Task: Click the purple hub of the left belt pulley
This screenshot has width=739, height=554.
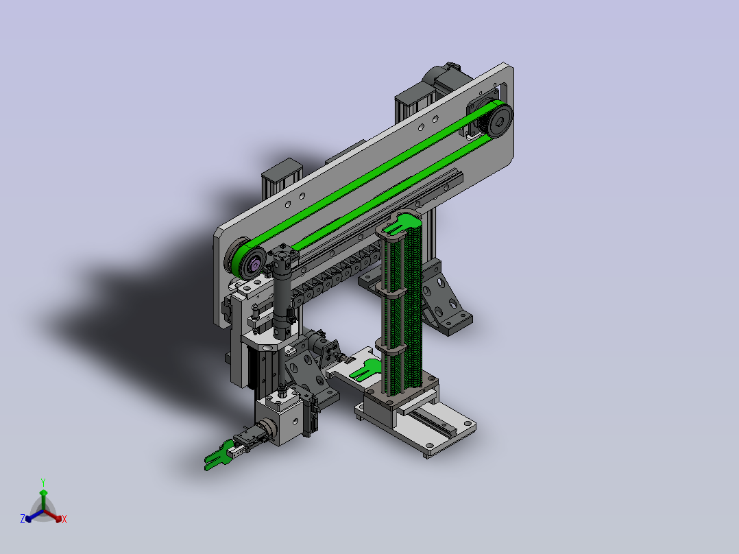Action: [254, 265]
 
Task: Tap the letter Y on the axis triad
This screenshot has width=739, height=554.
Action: [43, 482]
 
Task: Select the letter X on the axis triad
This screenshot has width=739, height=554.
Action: [64, 519]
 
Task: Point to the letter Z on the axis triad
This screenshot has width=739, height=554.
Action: [23, 519]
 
